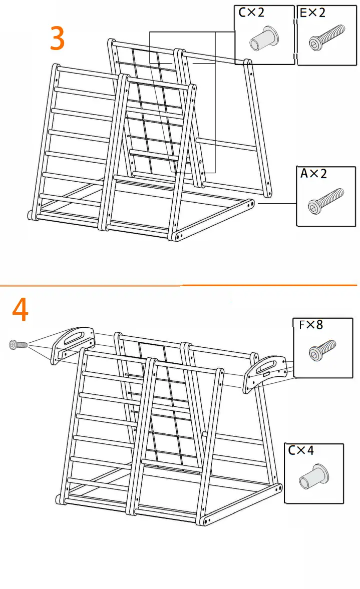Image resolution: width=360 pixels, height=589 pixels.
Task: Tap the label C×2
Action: click(x=251, y=13)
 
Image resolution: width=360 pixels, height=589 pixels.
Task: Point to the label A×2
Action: click(x=313, y=174)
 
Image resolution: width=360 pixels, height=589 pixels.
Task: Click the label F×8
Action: click(x=311, y=325)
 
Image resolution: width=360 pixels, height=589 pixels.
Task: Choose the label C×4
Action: click(x=301, y=450)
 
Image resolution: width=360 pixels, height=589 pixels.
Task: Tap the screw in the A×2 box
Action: click(x=326, y=200)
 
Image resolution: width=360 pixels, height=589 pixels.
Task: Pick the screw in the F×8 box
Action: click(x=322, y=349)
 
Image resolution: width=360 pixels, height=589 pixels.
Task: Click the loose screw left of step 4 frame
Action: click(x=17, y=344)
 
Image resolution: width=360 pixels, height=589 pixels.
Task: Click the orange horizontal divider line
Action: click(x=180, y=286)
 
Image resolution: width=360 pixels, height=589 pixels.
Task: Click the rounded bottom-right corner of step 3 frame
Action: click(x=250, y=204)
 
